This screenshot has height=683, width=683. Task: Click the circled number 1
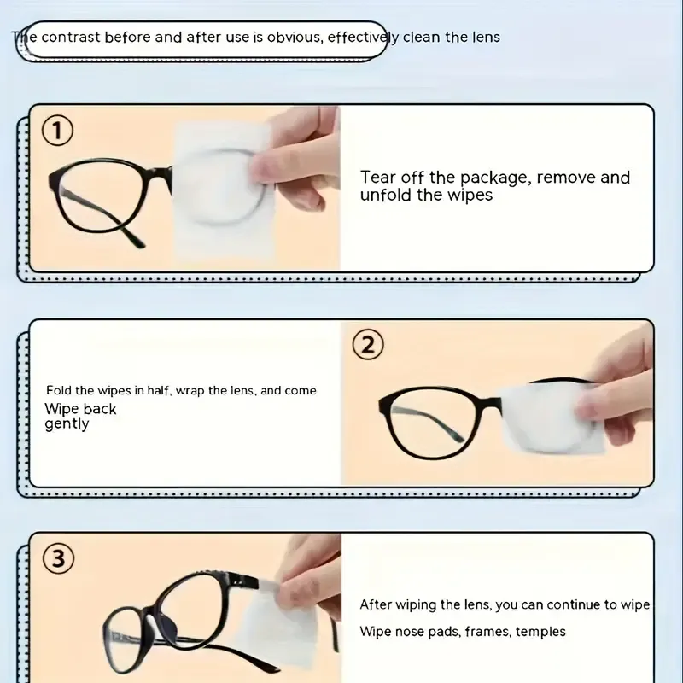tap(58, 131)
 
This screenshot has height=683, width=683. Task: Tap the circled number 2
tap(368, 345)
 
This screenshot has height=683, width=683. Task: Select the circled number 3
tap(58, 560)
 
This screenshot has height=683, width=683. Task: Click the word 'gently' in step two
tap(67, 424)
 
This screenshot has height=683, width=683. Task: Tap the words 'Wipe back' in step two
tap(80, 409)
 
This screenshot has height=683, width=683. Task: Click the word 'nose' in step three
tap(410, 631)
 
